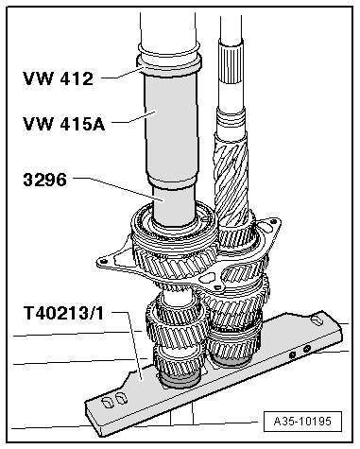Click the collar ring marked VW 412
click(x=167, y=65)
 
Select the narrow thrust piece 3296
click(x=174, y=205)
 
